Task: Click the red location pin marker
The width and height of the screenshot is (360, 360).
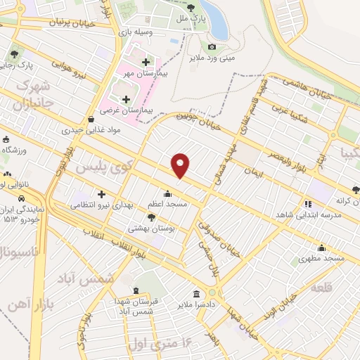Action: coord(181,165)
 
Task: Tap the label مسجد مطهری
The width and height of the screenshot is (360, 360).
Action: coord(322,258)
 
